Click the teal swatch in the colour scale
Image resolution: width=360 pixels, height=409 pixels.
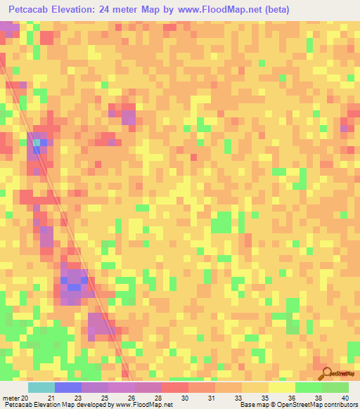(41, 387)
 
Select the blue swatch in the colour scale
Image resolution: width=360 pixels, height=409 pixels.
(68, 387)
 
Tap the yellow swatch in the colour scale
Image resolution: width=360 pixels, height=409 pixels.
(282, 387)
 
